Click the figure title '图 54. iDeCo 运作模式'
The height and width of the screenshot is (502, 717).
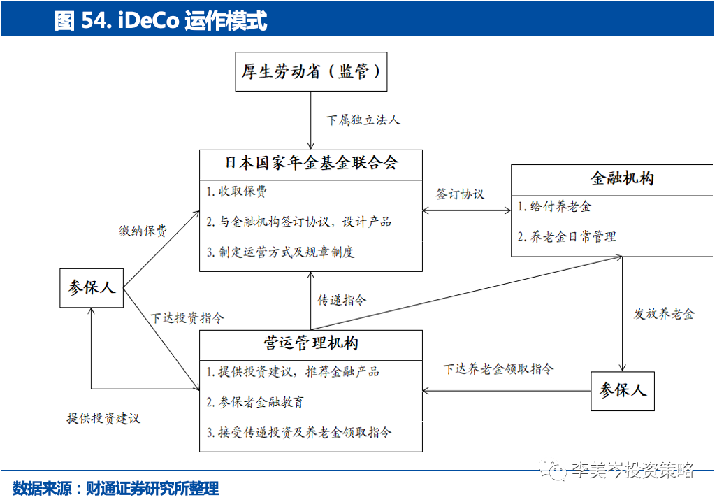pyautogui.click(x=161, y=20)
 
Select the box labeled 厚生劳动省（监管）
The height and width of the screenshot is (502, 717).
pyautogui.click(x=311, y=72)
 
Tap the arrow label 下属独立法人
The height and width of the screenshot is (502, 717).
pyautogui.click(x=363, y=120)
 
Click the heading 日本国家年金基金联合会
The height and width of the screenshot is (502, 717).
pyautogui.click(x=311, y=163)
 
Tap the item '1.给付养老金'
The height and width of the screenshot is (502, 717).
pyautogui.click(x=555, y=207)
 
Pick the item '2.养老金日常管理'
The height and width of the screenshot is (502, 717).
pyautogui.click(x=567, y=236)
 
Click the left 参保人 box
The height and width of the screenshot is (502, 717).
pyautogui.click(x=92, y=287)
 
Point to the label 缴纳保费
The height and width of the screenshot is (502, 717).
pyautogui.click(x=143, y=231)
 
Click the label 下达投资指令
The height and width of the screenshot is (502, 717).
pyautogui.click(x=187, y=317)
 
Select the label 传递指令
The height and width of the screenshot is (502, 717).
pyautogui.click(x=342, y=300)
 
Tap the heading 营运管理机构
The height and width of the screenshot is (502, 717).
pyautogui.click(x=311, y=343)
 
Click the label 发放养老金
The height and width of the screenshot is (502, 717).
pyautogui.click(x=664, y=314)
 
